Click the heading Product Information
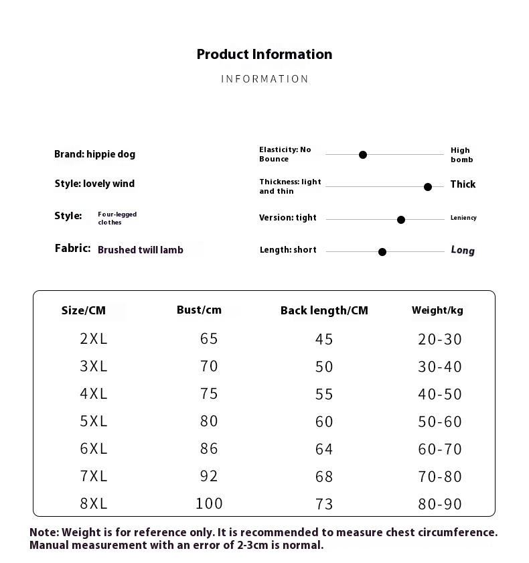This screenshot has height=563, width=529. tap(264, 54)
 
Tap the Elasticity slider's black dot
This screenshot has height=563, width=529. tap(363, 155)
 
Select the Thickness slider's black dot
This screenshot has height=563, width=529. tap(428, 187)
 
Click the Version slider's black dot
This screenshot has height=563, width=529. tap(401, 220)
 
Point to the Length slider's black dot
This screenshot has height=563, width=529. tap(382, 252)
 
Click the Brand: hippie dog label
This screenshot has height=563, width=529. tap(94, 154)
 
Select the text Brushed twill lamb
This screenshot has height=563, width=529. tap(141, 250)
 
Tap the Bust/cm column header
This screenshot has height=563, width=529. tap(199, 310)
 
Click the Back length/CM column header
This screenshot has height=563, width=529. tap(324, 310)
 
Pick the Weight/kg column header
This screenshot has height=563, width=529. tap(437, 310)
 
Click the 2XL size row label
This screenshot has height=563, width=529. tap(94, 338)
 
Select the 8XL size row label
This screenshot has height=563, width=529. tap(94, 503)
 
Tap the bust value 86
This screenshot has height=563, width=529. tap(209, 448)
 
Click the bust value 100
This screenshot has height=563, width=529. tap(209, 503)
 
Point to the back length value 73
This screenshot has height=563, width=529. tap(324, 504)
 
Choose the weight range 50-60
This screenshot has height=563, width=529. tap(440, 422)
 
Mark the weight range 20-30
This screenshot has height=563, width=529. tap(440, 339)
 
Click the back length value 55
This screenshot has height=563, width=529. tap(324, 394)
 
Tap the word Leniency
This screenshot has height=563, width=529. tap(463, 218)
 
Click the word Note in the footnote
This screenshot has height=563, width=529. tap(43, 533)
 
